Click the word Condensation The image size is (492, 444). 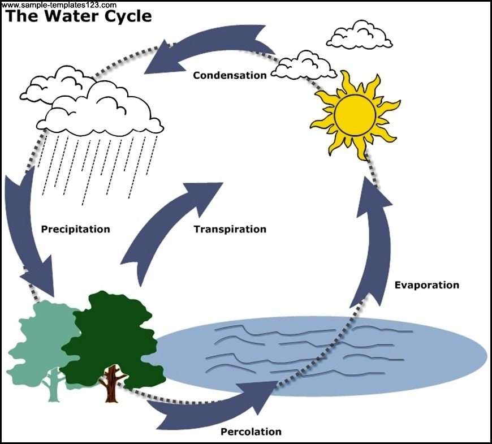click(230, 75)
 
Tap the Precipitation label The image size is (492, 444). click(76, 229)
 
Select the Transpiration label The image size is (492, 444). click(230, 229)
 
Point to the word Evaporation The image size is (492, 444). click(427, 285)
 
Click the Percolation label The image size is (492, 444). click(251, 432)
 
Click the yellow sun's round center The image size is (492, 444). click(355, 115)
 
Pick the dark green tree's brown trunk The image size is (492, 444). click(111, 385)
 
